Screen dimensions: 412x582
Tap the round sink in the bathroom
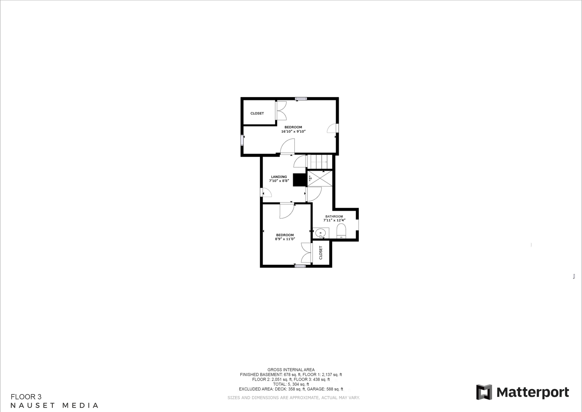tap(321, 233)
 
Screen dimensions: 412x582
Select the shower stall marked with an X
tap(320, 179)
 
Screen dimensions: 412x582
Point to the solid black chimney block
tap(299, 180)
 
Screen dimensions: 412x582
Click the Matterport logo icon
tap(484, 392)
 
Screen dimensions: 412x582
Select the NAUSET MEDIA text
tap(55, 405)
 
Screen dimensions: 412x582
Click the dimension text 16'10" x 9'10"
tap(293, 132)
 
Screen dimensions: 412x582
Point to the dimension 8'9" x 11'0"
tap(285, 239)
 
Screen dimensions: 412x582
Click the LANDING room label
tap(279, 177)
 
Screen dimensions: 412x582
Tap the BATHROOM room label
tap(334, 217)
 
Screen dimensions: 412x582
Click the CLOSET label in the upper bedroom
tap(257, 113)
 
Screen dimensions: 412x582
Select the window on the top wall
tap(301, 99)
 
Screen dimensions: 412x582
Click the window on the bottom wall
tap(300, 266)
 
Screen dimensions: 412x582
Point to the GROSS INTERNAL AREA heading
tap(291, 370)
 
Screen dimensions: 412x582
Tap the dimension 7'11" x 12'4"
tap(334, 220)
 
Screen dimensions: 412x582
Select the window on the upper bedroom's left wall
tap(242, 140)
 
